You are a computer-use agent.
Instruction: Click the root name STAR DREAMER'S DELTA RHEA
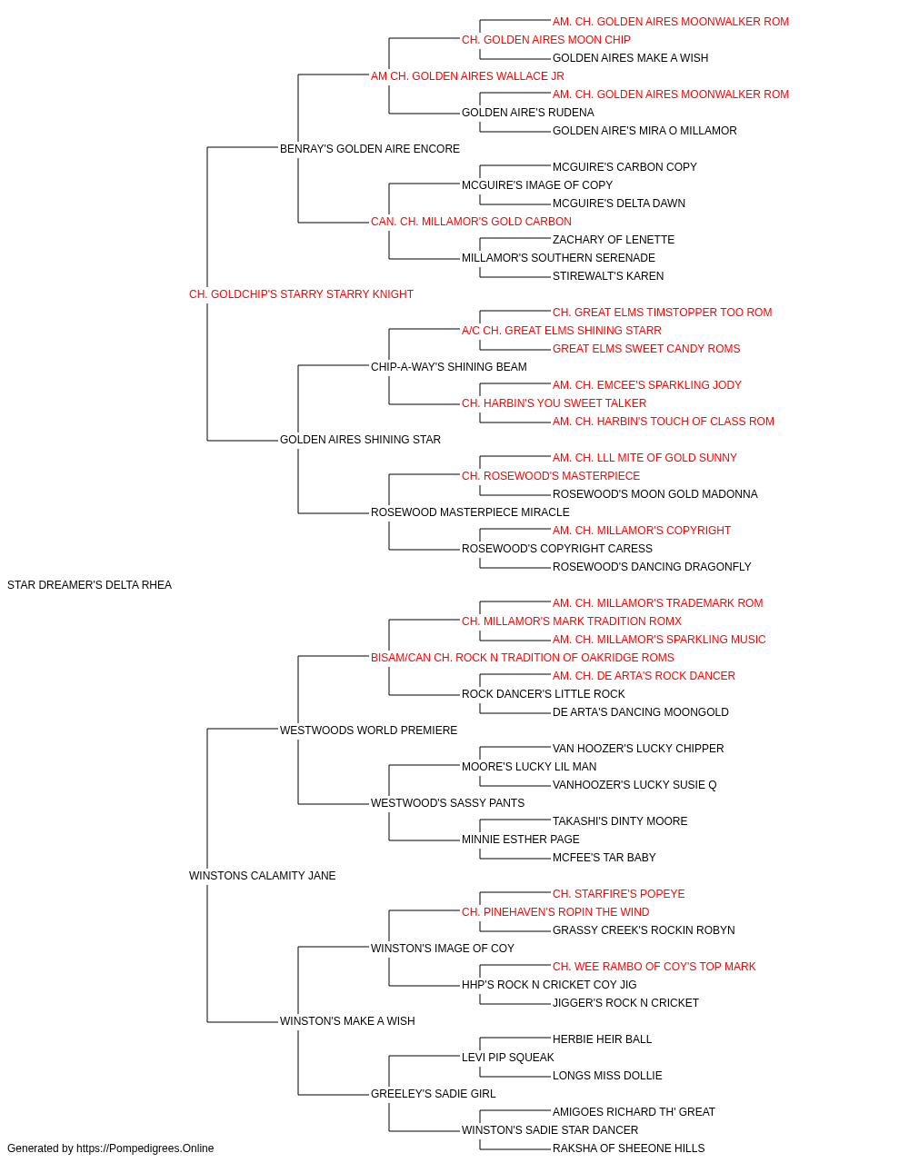[x=89, y=584]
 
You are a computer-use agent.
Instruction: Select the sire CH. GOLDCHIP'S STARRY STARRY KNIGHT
[x=301, y=293]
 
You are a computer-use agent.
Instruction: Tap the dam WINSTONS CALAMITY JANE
[x=263, y=876]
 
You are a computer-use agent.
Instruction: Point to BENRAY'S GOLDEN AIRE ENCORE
[x=369, y=148]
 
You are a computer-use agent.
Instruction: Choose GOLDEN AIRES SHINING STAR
[x=360, y=440]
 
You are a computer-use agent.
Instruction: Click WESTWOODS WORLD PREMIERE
[x=368, y=730]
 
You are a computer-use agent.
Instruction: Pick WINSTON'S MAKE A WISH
[x=347, y=1020]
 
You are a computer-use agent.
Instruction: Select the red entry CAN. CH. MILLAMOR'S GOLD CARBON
[x=471, y=221]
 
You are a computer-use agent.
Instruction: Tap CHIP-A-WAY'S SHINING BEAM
[x=449, y=366]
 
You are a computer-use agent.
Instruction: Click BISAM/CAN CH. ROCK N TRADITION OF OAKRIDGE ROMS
[x=523, y=657]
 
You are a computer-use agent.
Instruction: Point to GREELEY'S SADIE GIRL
[x=433, y=1093]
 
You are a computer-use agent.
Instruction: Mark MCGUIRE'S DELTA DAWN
[x=619, y=203]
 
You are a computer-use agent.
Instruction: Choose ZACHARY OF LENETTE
[x=614, y=239]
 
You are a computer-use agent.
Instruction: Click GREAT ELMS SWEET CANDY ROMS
[x=646, y=348]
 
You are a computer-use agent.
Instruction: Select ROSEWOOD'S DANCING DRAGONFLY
[x=652, y=566]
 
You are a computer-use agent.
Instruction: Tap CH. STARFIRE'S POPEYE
[x=618, y=894]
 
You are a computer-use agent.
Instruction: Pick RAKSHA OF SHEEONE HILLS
[x=628, y=1148]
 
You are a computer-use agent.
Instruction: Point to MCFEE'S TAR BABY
[x=604, y=858]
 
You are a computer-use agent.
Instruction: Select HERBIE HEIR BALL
[x=603, y=1039]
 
